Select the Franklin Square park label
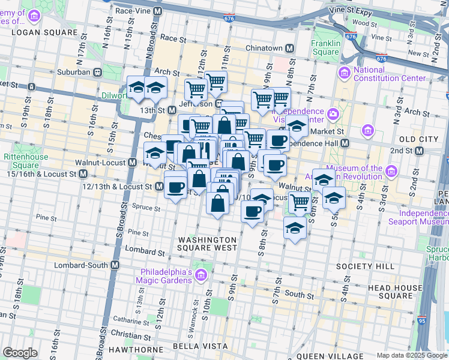coord(326,47)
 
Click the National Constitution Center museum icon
coord(345,73)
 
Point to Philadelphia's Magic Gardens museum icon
coord(201,275)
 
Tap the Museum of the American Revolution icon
coord(392,172)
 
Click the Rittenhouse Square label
coord(22,161)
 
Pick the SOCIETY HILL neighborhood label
coord(365,266)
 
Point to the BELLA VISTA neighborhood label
coord(200,346)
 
